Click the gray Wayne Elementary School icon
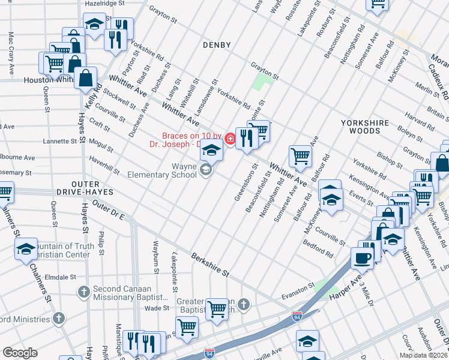click(x=206, y=170)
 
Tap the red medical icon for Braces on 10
click(x=229, y=139)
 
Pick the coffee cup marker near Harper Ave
click(x=362, y=257)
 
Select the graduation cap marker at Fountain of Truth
click(x=26, y=249)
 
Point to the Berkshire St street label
click(x=210, y=265)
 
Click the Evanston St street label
click(x=294, y=286)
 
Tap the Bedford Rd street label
click(x=318, y=247)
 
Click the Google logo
click(x=20, y=353)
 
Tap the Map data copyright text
click(x=423, y=355)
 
